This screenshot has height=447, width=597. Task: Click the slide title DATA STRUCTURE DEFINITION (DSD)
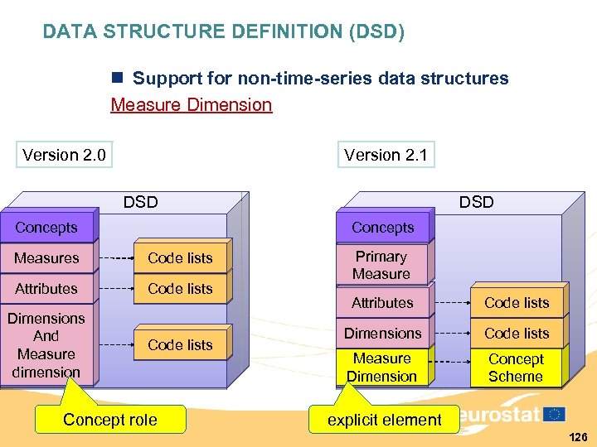tap(224, 32)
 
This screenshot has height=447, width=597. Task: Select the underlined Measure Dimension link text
tap(192, 104)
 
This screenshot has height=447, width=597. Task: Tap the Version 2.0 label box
tap(64, 155)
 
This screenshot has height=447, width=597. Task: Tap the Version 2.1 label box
tap(386, 155)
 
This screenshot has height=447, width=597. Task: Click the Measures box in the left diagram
tap(47, 258)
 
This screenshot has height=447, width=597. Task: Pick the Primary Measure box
tap(381, 265)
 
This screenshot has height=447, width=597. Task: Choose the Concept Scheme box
tap(516, 368)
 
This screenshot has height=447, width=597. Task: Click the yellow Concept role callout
tap(110, 420)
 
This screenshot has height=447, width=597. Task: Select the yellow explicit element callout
tap(384, 420)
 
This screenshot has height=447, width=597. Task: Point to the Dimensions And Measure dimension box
tap(46, 345)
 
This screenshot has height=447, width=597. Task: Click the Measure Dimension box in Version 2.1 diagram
tap(381, 368)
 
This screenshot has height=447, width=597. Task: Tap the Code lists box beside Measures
tap(180, 258)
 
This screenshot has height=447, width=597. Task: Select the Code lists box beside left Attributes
tap(180, 289)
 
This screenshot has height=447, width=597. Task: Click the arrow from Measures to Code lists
tap(115, 258)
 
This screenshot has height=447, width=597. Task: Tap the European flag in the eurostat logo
tap(555, 414)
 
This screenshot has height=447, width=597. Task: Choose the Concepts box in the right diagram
tap(382, 228)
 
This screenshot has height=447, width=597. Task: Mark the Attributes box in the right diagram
tap(381, 303)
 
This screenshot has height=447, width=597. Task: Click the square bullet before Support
tap(118, 79)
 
